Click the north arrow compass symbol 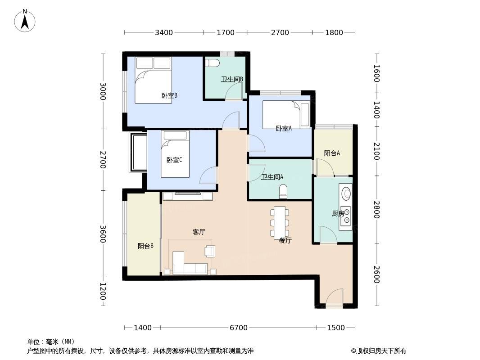click(25, 21)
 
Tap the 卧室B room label click(169, 95)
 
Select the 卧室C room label click(174, 160)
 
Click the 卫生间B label click(232, 79)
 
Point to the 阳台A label click(332, 153)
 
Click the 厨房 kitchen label click(338, 213)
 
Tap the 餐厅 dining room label click(285, 240)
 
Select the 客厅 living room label click(199, 232)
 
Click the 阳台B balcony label click(145, 246)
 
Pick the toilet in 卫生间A click(284, 191)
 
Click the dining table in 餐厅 click(280, 221)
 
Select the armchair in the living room click(210, 251)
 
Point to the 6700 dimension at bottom click(239, 328)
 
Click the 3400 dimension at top click(164, 32)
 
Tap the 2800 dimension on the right click(376, 210)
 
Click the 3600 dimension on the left click(103, 234)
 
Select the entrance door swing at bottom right click(334, 296)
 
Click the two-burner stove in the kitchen click(346, 216)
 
